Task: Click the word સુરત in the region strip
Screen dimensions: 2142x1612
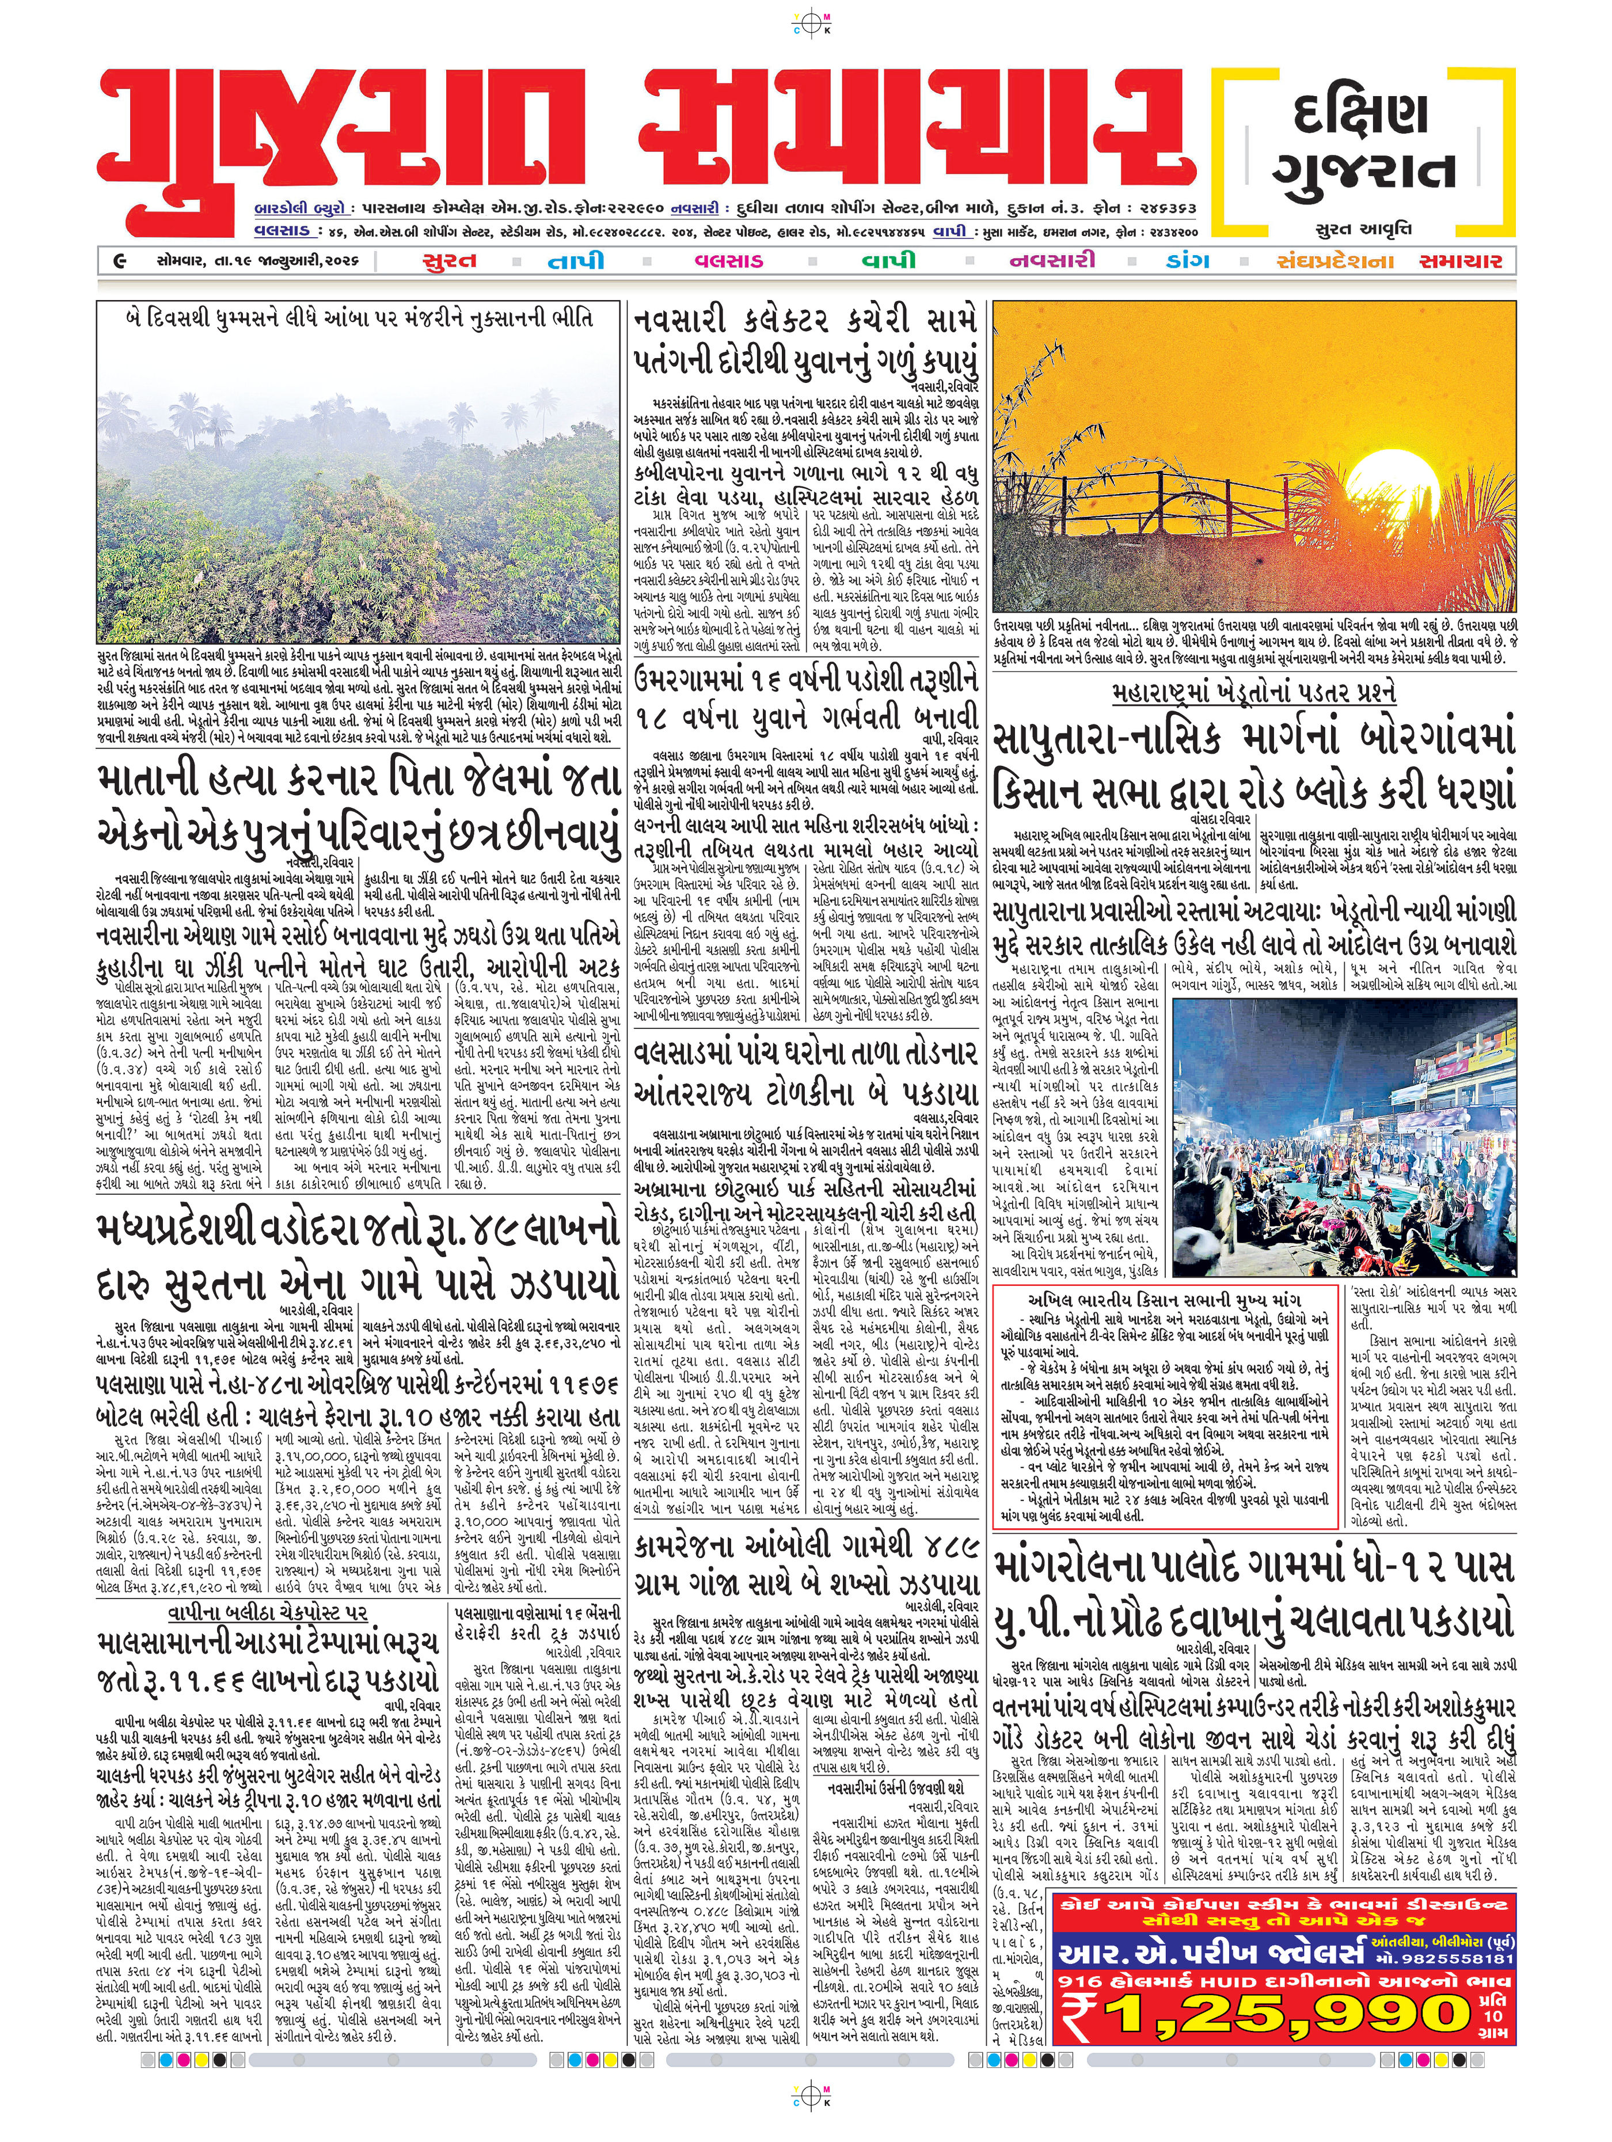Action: pyautogui.click(x=449, y=260)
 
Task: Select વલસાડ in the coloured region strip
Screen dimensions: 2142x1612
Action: pyautogui.click(x=728, y=260)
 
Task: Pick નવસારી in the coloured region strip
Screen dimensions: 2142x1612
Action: pyautogui.click(x=1052, y=260)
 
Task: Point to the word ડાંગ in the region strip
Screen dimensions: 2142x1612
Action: pyautogui.click(x=1188, y=260)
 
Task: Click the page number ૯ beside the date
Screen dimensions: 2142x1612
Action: pyautogui.click(x=118, y=260)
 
